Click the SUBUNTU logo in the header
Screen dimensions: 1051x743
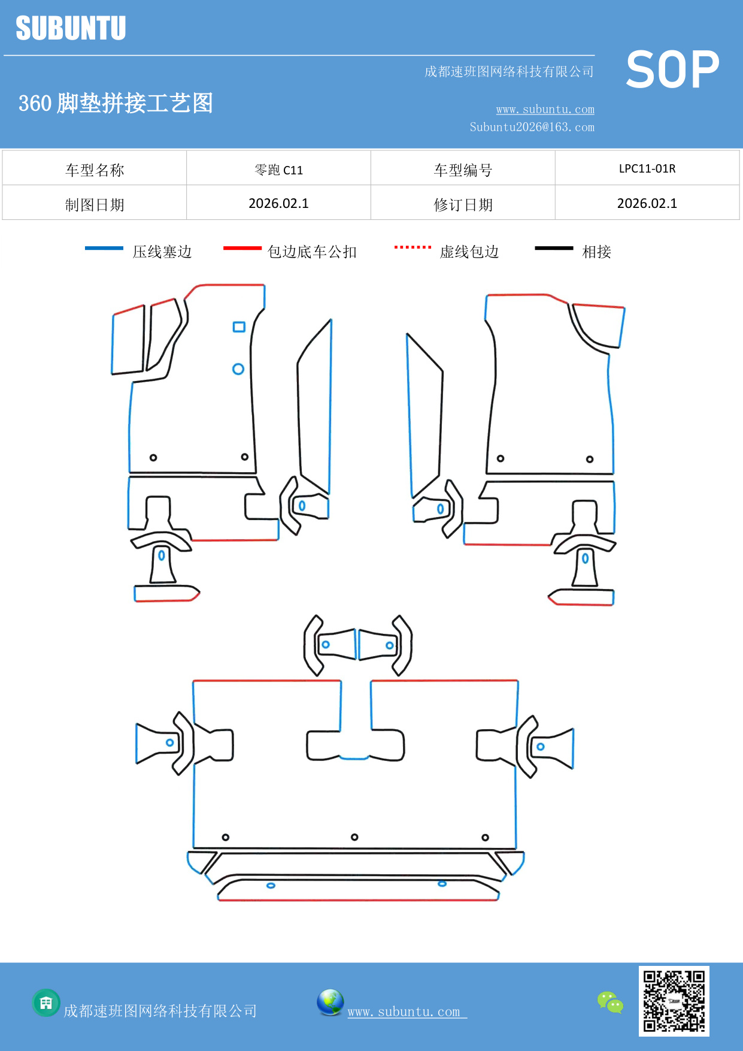pos(71,28)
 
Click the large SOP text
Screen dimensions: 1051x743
pos(672,70)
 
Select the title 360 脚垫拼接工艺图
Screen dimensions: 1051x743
pos(116,103)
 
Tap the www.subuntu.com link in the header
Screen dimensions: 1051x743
pos(545,109)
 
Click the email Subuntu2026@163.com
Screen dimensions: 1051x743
pos(532,127)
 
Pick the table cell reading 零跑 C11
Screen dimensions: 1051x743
pos(278,170)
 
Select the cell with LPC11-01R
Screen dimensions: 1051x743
pos(647,168)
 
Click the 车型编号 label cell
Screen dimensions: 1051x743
pos(463,170)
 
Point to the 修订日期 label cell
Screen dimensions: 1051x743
pos(463,204)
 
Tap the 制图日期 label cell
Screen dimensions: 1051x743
pos(95,204)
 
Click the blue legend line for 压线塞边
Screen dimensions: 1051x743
pos(104,248)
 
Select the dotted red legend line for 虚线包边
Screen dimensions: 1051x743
pos(413,247)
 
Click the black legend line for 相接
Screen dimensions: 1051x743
pos(554,248)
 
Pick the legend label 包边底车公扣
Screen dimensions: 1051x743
pos(311,252)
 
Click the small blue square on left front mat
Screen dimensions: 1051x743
pos(239,327)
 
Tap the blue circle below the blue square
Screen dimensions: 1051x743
pos(238,369)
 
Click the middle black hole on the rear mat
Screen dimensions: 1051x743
pos(354,837)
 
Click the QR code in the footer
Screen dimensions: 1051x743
pos(674,1001)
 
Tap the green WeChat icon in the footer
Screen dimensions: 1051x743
pos(610,1002)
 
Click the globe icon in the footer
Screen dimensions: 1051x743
pos(330,1002)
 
